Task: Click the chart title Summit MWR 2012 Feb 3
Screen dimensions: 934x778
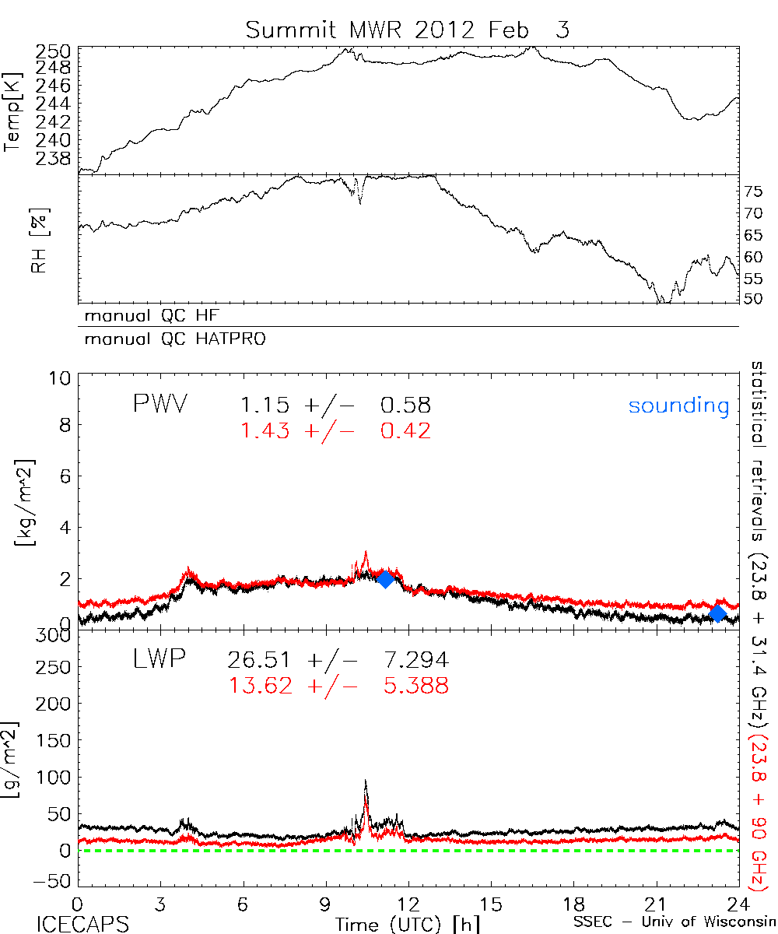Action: coord(408,30)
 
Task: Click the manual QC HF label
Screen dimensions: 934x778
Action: coord(147,317)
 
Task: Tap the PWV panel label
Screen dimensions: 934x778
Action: coord(159,404)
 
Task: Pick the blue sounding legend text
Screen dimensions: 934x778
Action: coord(679,406)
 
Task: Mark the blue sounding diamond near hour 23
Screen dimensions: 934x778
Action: coord(717,613)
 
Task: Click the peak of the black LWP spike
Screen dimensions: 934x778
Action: coord(366,781)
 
